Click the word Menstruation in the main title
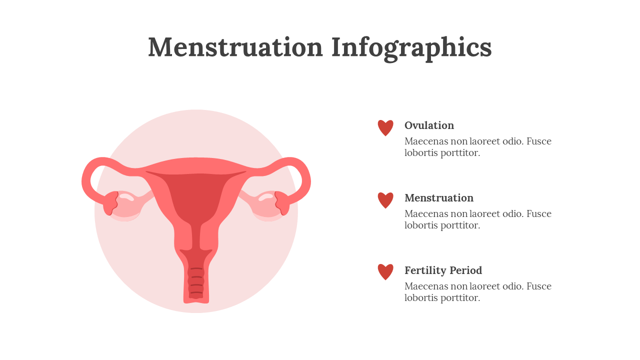point(235,47)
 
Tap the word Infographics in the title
point(411,48)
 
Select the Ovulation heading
point(429,125)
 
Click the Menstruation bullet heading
point(439,198)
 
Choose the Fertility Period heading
point(443,270)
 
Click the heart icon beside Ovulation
point(385,127)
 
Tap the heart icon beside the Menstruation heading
point(385,200)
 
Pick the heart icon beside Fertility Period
point(385,271)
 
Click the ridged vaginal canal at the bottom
point(196,283)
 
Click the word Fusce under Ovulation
point(539,141)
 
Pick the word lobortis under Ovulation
point(421,153)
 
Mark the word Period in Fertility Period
point(465,270)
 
